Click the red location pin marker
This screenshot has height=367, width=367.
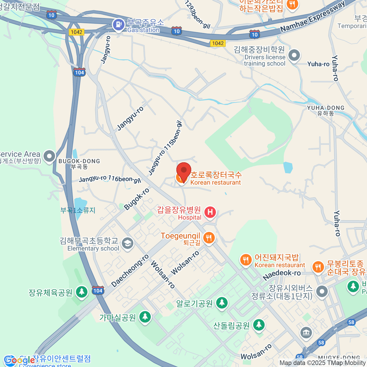(184, 171)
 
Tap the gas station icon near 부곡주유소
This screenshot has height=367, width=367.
(118, 25)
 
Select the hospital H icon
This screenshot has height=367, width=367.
(210, 212)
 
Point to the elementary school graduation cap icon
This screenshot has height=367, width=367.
(127, 243)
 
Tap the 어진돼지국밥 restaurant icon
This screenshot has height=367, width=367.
(246, 260)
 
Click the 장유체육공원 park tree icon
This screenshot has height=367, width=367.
(81, 291)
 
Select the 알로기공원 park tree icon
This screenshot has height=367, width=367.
(222, 302)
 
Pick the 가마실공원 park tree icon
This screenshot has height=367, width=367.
(145, 317)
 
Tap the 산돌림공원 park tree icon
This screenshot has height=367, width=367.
(259, 324)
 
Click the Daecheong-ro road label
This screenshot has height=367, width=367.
(130, 271)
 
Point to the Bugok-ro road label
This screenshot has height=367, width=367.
(137, 199)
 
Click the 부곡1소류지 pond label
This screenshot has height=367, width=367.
(78, 210)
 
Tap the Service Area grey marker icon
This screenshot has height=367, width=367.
(49, 156)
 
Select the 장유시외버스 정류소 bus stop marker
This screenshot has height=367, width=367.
(322, 291)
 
